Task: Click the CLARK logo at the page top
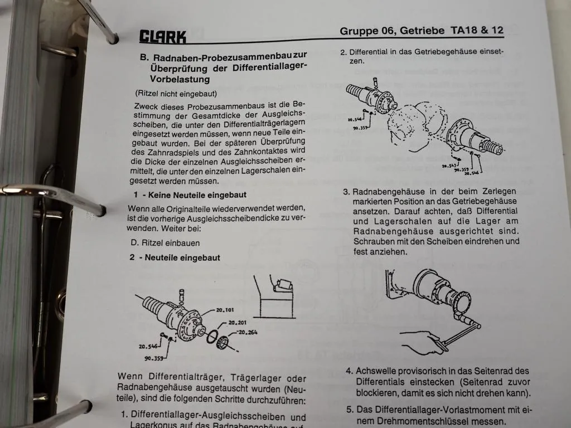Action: (x=162, y=37)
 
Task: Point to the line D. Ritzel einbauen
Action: (x=165, y=243)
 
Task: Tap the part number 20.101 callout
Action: (x=226, y=310)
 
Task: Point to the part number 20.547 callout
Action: (x=449, y=166)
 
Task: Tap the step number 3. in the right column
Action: (x=346, y=192)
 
